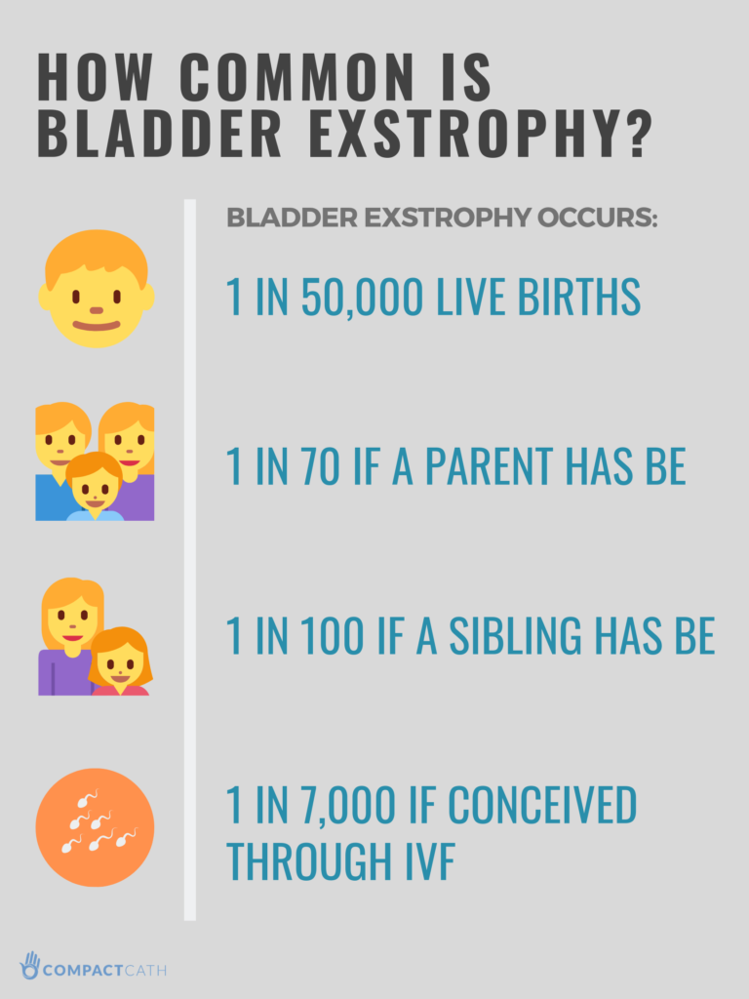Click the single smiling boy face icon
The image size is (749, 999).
(x=97, y=290)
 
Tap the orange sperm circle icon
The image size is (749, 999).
(x=95, y=827)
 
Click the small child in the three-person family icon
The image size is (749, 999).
(x=95, y=485)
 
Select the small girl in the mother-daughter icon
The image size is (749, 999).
(x=120, y=662)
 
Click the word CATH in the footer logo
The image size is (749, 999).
(x=145, y=970)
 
